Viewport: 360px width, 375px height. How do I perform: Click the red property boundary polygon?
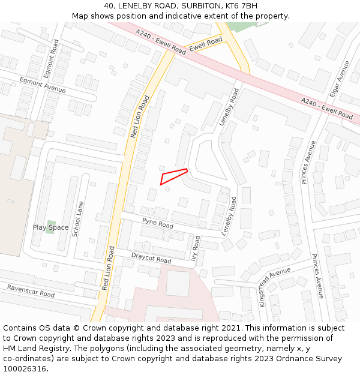[x=172, y=176]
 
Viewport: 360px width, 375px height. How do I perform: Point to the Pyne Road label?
[x=157, y=224]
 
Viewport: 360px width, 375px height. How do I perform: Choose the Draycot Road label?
[x=151, y=259]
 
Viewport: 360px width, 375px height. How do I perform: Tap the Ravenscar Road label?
[x=31, y=291]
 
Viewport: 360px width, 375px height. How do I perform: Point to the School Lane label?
[x=76, y=219]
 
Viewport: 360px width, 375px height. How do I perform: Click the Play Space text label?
[x=50, y=227]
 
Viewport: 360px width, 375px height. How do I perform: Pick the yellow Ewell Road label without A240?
[x=205, y=44]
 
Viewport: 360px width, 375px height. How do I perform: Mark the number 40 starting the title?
[x=109, y=5]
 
